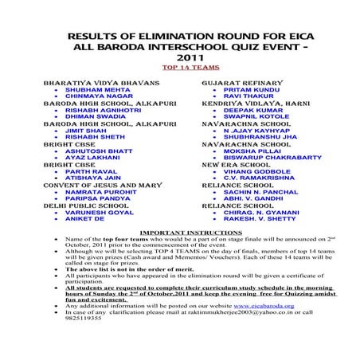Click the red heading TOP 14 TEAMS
pos(179,68)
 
